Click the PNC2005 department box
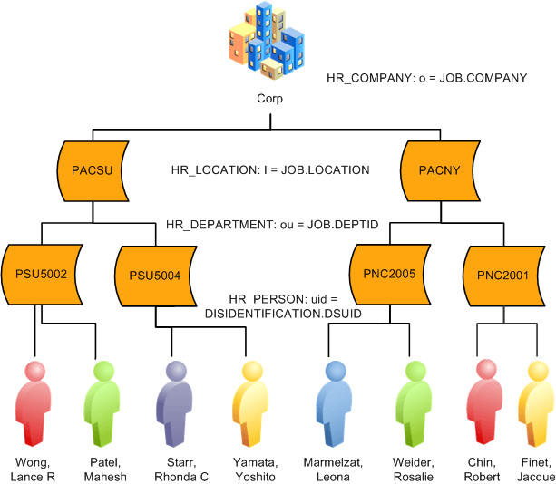tap(389, 273)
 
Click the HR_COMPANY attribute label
tap(426, 79)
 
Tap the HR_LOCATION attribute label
tap(270, 169)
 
